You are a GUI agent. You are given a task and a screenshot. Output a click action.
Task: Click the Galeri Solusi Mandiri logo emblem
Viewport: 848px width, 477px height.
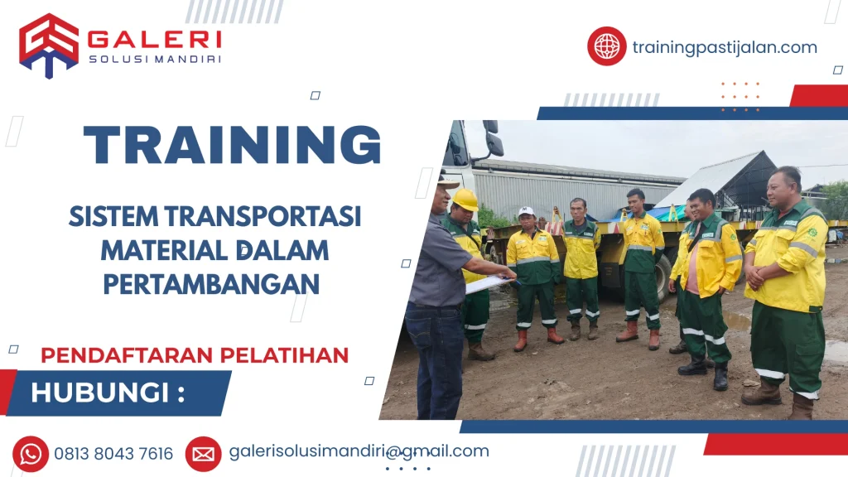[49, 45]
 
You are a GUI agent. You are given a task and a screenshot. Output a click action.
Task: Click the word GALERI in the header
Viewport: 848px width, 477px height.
[154, 38]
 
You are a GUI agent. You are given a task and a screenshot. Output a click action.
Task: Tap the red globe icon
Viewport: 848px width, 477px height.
[607, 46]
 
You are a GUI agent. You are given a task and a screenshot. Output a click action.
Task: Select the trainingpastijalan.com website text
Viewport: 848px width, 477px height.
[725, 47]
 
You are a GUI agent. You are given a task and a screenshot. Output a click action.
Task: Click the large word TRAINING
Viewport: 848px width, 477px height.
[233, 145]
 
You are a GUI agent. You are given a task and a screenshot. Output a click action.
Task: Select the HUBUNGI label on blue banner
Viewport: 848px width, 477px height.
[107, 393]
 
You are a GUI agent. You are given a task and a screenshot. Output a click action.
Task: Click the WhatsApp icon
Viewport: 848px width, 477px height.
[31, 454]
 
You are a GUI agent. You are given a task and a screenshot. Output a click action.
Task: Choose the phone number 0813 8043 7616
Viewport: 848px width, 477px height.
[113, 454]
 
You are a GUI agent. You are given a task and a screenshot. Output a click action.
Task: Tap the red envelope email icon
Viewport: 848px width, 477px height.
[203, 454]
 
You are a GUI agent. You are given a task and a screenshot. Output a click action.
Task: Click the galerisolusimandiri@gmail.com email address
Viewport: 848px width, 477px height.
[359, 451]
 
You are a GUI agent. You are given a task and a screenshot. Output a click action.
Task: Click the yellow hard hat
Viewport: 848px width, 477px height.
[465, 200]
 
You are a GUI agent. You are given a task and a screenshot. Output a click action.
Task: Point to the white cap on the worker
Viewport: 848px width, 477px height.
[527, 212]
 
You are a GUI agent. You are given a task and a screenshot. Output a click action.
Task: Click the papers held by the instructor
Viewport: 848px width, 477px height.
[489, 284]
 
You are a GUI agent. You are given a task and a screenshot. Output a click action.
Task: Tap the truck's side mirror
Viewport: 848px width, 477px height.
[494, 142]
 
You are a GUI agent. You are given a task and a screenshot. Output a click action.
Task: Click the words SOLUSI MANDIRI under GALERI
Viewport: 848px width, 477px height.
[154, 58]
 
